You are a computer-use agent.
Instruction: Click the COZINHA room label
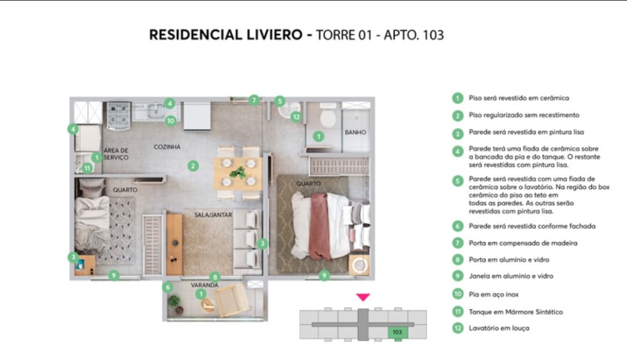point(167,147)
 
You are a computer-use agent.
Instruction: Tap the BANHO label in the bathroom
point(356,132)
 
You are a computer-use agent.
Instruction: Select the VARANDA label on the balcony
point(204,285)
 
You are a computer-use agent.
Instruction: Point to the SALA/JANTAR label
point(213,214)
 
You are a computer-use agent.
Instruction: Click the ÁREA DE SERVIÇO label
point(116,154)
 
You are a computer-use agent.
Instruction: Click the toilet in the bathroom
point(328,115)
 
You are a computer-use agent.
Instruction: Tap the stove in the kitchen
point(119,115)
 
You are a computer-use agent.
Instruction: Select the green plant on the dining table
point(238,172)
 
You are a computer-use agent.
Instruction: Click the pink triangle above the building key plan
point(363,297)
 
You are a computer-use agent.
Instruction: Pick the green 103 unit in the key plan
point(397,332)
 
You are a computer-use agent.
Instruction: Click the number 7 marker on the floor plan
point(254,100)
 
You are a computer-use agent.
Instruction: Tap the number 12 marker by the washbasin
point(296,117)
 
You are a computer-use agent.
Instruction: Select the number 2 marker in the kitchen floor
point(193,166)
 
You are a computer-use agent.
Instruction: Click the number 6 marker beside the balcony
point(168,287)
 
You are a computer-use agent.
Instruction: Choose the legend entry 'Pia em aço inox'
point(493,294)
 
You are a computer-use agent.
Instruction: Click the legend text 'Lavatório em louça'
point(499,328)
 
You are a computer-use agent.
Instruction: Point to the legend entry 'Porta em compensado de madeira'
point(523,243)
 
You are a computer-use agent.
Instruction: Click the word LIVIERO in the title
point(275,34)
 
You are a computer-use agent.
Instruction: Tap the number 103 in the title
point(433,35)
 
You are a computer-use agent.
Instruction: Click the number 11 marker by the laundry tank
point(87,168)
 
